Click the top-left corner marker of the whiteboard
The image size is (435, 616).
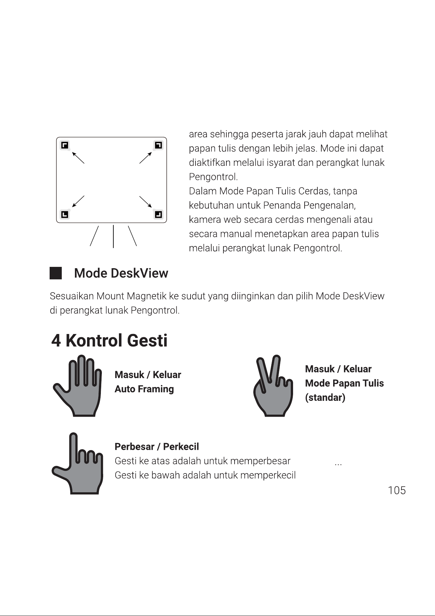click(x=65, y=145)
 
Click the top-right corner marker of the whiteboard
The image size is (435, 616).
click(x=158, y=145)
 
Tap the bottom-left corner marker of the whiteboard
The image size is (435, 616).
click(x=65, y=215)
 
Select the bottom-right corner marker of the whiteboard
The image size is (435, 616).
click(x=158, y=215)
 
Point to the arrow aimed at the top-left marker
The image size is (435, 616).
click(x=78, y=157)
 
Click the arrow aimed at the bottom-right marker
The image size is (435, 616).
click(x=146, y=202)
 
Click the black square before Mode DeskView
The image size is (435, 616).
click(x=56, y=273)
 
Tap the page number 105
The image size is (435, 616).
click(x=397, y=490)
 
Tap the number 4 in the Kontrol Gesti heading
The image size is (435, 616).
click(x=56, y=341)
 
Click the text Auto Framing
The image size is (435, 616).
click(x=144, y=389)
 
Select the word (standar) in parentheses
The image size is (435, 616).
click(x=325, y=398)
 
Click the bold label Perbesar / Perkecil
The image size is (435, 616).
click(x=157, y=447)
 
